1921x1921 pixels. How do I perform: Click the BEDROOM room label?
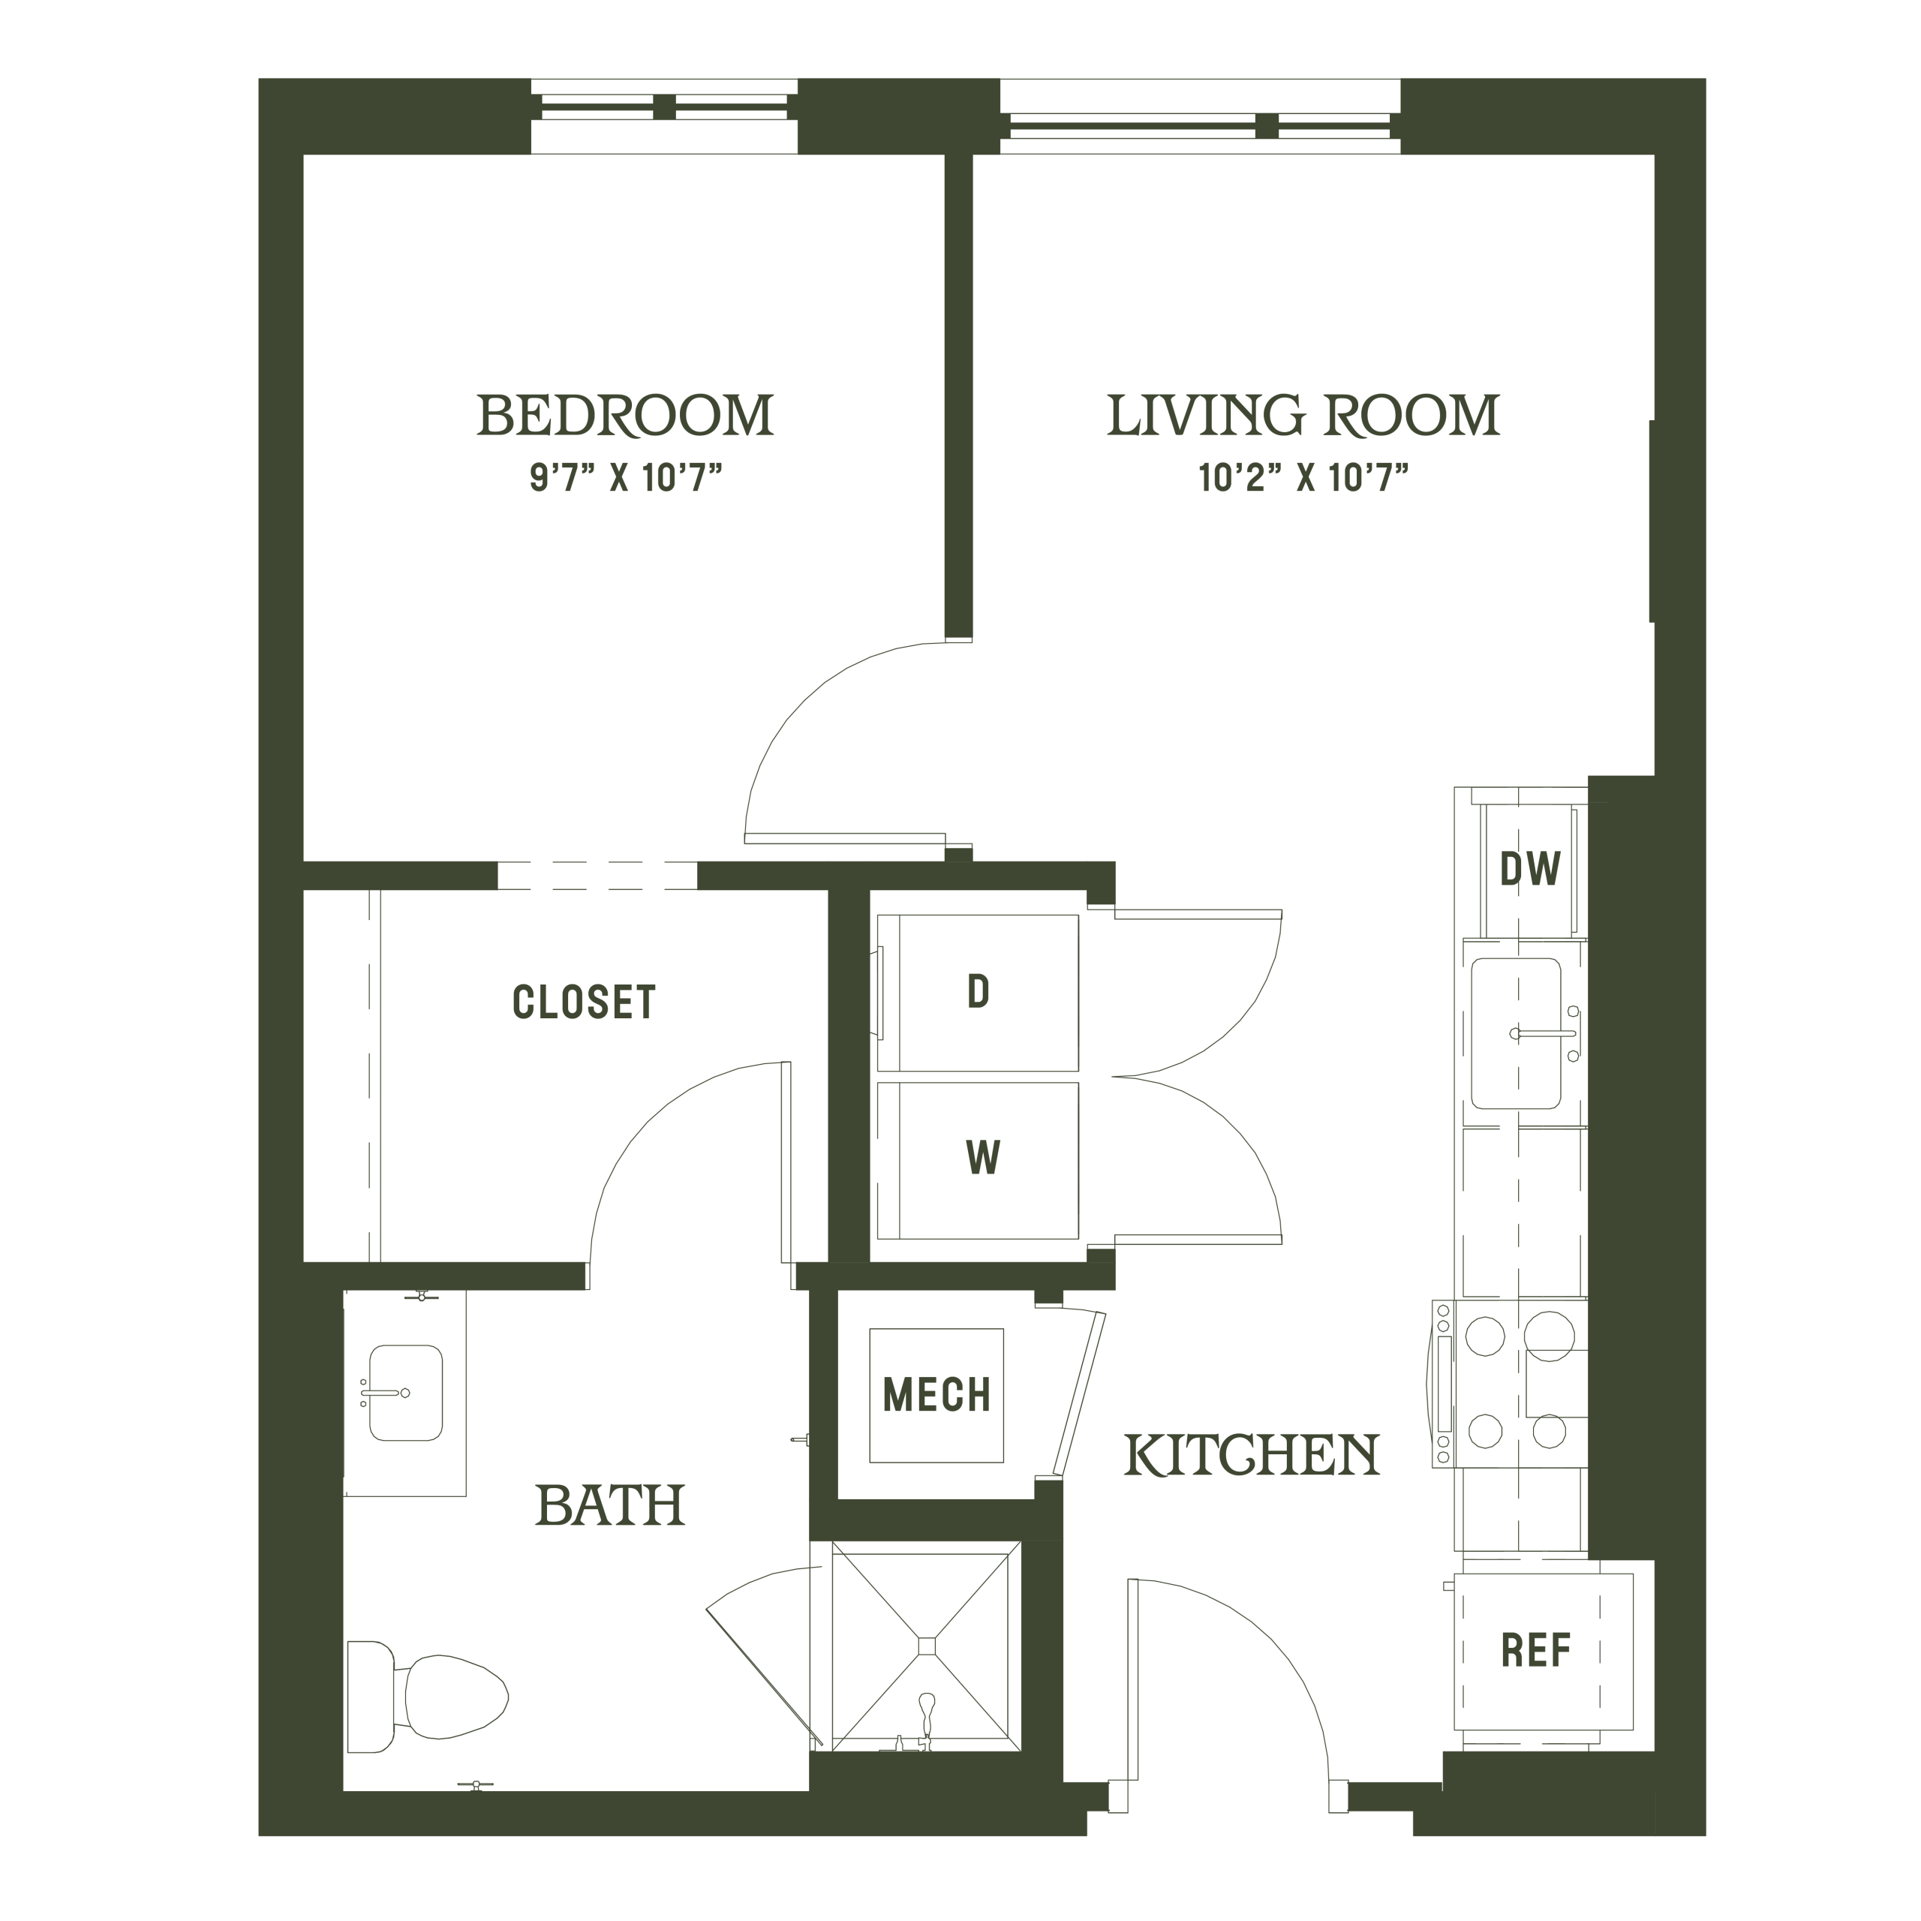(625, 416)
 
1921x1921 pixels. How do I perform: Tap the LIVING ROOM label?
(1303, 416)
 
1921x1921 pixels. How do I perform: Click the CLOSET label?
(585, 1003)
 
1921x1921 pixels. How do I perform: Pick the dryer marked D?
(978, 992)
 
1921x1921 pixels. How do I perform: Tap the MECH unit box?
(936, 1395)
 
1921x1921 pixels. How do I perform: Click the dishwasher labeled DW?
(1529, 869)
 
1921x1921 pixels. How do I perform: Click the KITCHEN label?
(1252, 1456)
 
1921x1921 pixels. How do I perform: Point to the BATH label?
(611, 1505)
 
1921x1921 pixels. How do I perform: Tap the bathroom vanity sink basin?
(406, 1393)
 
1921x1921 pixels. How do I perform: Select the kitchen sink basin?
(1515, 1033)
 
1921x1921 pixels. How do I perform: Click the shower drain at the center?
(927, 1646)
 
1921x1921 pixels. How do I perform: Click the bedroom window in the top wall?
(664, 116)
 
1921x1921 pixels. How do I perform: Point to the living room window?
(1200, 117)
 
